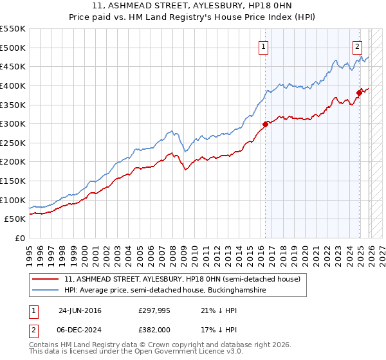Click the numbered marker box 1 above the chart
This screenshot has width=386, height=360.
tap(264, 46)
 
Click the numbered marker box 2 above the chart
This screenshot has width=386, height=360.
tap(357, 46)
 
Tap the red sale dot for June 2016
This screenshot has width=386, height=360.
tap(265, 124)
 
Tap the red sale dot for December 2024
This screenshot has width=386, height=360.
tap(359, 92)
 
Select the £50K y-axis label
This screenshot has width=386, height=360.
tap(15, 219)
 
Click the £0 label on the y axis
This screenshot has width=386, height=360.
tap(19, 239)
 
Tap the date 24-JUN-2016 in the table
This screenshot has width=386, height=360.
tap(80, 310)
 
